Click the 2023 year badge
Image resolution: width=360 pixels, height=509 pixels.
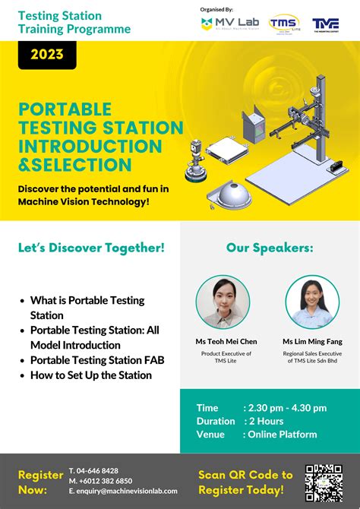pos(47,55)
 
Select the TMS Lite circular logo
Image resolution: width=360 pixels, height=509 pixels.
pos(284,24)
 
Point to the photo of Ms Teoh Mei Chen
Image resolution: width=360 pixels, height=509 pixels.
pos(223,302)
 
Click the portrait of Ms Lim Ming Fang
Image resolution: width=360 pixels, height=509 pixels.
pos(312,302)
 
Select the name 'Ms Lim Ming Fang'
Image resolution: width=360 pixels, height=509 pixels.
pos(312,342)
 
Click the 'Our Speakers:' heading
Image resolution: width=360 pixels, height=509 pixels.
pos(269,248)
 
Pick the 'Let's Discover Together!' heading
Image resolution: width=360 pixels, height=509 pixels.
pos(91,248)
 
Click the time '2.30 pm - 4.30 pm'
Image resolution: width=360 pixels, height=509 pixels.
pos(285,408)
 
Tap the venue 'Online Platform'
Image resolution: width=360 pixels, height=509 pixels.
pos(280,434)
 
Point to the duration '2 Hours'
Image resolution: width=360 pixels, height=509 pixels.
pos(264,421)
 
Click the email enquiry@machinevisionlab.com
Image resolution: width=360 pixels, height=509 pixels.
pos(122,492)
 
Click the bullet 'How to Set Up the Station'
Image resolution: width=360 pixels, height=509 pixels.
pos(91,375)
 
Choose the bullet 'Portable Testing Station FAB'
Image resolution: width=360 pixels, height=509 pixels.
pos(97,360)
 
